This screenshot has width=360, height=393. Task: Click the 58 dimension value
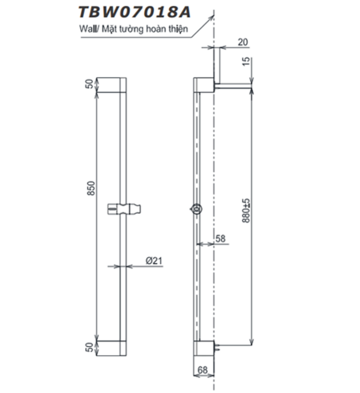220,239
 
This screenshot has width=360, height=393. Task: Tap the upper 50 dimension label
90,87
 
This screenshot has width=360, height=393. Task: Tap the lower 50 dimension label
90,346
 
